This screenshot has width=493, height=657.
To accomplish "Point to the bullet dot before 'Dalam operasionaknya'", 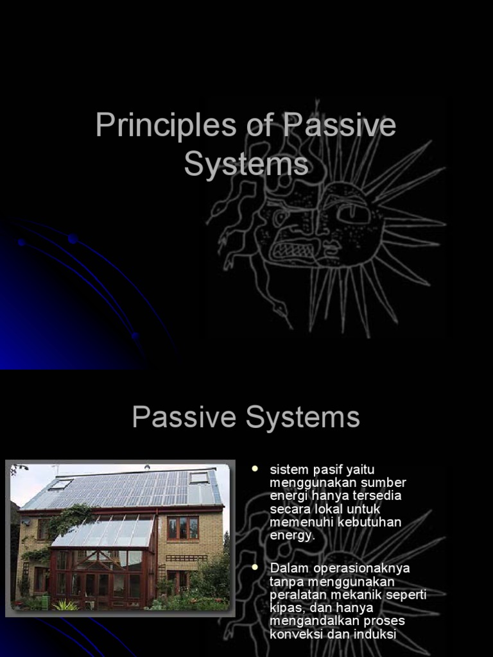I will (x=255, y=567).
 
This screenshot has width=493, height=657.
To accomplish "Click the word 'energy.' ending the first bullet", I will (x=293, y=536).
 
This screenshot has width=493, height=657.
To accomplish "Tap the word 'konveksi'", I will (x=296, y=634).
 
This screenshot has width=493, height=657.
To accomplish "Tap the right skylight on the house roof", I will (x=199, y=477).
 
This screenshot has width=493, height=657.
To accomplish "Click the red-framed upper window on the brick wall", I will (x=183, y=528).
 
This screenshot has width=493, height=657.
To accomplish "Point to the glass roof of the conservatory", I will (x=106, y=532).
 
